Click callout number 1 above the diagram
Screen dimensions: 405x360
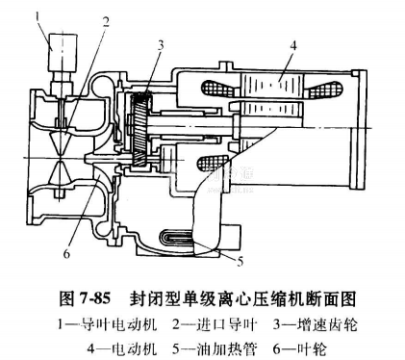(38, 17)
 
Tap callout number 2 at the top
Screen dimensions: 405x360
(106, 22)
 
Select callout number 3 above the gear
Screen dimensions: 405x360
(161, 45)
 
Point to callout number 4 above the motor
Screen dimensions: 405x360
(293, 46)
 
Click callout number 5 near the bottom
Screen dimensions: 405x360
(240, 261)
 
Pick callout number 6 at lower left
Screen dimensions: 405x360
(66, 254)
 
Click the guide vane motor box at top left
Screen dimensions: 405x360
(63, 52)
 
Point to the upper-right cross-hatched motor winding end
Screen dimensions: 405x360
(324, 89)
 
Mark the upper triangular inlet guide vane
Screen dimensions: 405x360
(60, 141)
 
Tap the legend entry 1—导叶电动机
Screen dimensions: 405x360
(108, 324)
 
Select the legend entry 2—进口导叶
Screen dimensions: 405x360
(215, 324)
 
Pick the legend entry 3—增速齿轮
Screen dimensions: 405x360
(315, 324)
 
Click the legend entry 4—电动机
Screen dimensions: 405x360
(122, 348)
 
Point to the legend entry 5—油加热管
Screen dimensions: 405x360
(215, 348)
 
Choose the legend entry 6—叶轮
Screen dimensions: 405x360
(300, 348)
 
